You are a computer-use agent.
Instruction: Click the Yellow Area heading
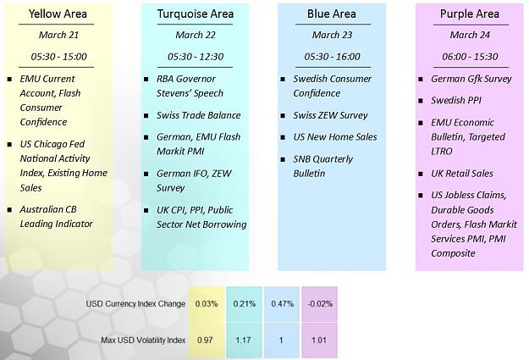point(58,14)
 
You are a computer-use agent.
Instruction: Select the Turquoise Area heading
point(196,14)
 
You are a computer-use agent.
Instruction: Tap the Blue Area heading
point(332,14)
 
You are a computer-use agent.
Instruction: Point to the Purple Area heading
point(470,14)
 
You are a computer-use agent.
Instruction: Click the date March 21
point(58,35)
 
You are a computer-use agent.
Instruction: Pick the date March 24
point(470,35)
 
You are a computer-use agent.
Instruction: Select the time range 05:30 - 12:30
point(196,57)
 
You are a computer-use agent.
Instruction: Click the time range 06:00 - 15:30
point(470,57)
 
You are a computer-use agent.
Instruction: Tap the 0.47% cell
point(282,304)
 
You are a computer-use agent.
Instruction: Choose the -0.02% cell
point(320,304)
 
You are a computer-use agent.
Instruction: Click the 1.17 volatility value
point(244,340)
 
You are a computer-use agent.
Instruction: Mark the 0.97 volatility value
point(205,340)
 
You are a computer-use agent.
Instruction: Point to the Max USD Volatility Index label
point(143,340)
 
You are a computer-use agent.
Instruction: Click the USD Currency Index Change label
point(135,304)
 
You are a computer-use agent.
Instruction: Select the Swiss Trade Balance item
point(198,115)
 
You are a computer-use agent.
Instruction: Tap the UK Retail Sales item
point(462,174)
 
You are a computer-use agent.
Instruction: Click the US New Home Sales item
point(335,136)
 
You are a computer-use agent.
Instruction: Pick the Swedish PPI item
point(456,100)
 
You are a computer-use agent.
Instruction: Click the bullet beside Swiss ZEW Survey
point(283,116)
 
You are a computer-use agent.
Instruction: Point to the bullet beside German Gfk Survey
point(421,79)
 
